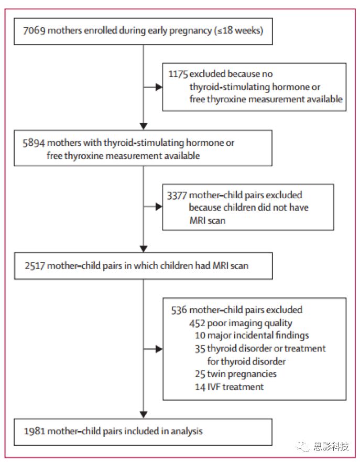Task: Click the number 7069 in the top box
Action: coord(34,30)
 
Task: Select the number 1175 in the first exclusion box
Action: coord(178,74)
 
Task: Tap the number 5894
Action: coord(34,143)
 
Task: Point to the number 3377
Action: coord(177,196)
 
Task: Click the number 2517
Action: coord(35,266)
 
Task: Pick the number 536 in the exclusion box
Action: coord(179,310)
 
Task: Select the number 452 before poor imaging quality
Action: coord(197,323)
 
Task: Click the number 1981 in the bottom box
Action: coord(35,432)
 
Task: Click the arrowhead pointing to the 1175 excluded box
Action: coord(159,87)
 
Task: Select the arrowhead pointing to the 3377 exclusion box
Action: coord(159,207)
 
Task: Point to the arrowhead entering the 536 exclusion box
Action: coord(159,349)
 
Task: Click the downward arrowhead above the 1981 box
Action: coord(144,415)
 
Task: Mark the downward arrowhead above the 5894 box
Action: coord(144,126)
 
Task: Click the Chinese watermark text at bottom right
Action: coord(331,447)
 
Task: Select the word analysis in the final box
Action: coord(187,432)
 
